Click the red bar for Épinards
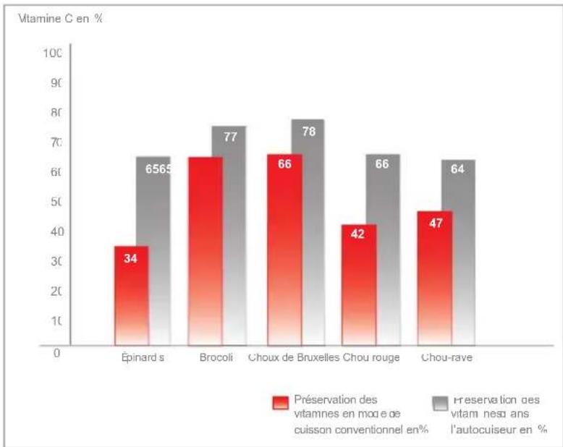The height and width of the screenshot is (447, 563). pos(131,297)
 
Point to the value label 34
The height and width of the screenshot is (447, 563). pos(130,257)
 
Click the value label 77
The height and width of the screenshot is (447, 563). pos(230,136)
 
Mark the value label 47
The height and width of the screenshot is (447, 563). pos(436,222)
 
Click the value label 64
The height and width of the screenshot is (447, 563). pos(457,169)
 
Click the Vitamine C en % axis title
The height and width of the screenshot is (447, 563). pos(55,18)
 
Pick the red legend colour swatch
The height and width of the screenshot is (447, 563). pos(281,402)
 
